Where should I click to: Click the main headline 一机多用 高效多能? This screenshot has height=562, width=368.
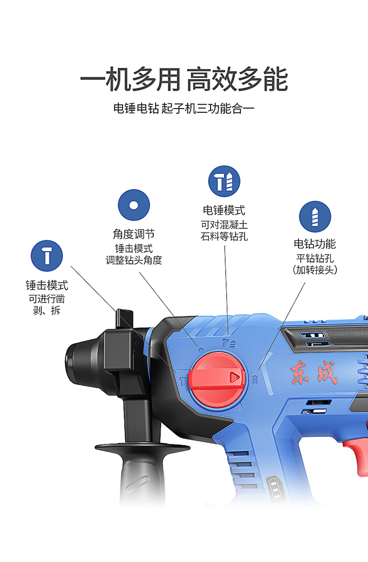pyautogui.click(x=184, y=79)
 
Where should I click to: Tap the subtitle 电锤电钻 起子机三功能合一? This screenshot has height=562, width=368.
pyautogui.click(x=184, y=108)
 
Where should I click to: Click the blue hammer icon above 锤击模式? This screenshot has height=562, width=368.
pyautogui.click(x=47, y=256)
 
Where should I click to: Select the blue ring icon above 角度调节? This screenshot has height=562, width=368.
pyautogui.click(x=133, y=205)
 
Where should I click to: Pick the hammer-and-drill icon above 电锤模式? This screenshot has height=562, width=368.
pyautogui.click(x=224, y=181)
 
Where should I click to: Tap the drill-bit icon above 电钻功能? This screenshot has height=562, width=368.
pyautogui.click(x=315, y=216)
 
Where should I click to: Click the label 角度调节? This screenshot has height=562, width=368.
pyautogui.click(x=133, y=234)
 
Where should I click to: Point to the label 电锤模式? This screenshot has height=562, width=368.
pyautogui.click(x=224, y=210)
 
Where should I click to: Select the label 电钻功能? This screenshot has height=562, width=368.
pyautogui.click(x=315, y=244)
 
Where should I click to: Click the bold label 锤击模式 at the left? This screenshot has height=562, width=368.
pyautogui.click(x=47, y=285)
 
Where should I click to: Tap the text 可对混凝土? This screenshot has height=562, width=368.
pyautogui.click(x=224, y=225)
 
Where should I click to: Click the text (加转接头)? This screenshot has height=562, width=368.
pyautogui.click(x=315, y=270)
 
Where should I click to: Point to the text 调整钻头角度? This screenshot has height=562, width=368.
pyautogui.click(x=133, y=260)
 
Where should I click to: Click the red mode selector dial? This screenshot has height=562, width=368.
pyautogui.click(x=217, y=380)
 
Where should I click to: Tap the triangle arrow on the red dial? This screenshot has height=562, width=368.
pyautogui.click(x=235, y=376)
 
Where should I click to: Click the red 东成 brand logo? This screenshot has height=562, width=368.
pyautogui.click(x=314, y=373)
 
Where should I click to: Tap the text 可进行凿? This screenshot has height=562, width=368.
pyautogui.click(x=47, y=299)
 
